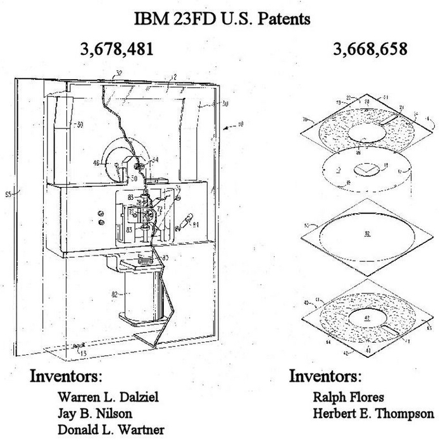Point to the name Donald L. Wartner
(x=111, y=430)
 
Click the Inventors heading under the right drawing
(x=325, y=376)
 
